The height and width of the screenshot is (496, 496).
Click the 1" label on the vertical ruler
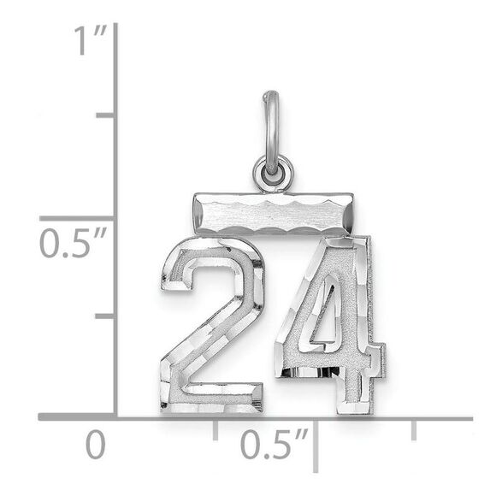pyautogui.click(x=88, y=40)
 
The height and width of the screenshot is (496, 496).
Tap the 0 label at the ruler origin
pyautogui.click(x=96, y=446)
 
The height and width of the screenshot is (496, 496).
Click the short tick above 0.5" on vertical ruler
pyautogui.click(x=106, y=115)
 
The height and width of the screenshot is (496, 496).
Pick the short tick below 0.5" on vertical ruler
pyautogui.click(x=106, y=316)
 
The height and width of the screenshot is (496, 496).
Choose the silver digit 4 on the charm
pyautogui.click(x=334, y=325)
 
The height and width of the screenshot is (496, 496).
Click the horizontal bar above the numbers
pyautogui.click(x=271, y=213)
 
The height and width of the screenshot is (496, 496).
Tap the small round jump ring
pyautogui.click(x=273, y=174)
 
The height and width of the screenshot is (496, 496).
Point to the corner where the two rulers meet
pyautogui.click(x=115, y=417)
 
